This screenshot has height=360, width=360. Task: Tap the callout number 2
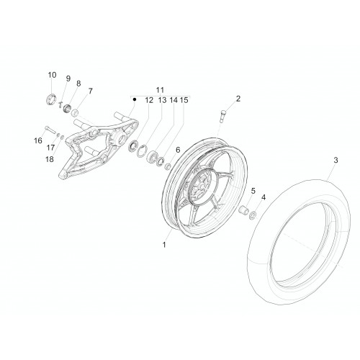[x=238, y=99]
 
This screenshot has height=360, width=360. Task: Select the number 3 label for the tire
[x=336, y=160]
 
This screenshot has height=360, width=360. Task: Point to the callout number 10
[x=52, y=75]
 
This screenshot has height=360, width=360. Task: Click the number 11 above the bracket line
[x=160, y=90]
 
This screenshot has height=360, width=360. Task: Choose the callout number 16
[x=38, y=140]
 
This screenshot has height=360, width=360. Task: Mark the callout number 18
[x=50, y=159]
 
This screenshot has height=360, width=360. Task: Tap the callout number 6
[x=178, y=150]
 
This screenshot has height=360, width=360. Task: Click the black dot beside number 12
[x=135, y=99]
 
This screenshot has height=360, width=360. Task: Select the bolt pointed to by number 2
[x=222, y=115]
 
